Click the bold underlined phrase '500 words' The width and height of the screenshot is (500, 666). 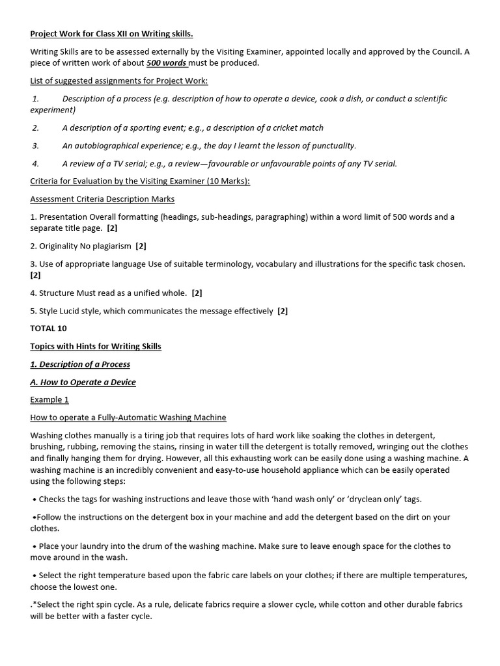pyautogui.click(x=166, y=63)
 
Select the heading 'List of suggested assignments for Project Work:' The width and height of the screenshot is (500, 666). pyautogui.click(x=119, y=81)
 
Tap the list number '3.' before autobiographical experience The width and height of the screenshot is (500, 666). pyautogui.click(x=35, y=146)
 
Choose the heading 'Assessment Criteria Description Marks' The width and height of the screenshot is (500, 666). pyautogui.click(x=102, y=199)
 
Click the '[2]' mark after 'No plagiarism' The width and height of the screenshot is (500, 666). pyautogui.click(x=141, y=246)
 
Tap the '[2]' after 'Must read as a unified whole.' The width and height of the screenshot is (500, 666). pyautogui.click(x=197, y=293)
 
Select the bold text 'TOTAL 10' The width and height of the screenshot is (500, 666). pyautogui.click(x=48, y=328)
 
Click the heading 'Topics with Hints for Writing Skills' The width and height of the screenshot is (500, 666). pyautogui.click(x=96, y=347)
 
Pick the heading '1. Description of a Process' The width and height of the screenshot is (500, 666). pyautogui.click(x=80, y=364)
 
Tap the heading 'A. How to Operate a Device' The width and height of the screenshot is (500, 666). pyautogui.click(x=83, y=382)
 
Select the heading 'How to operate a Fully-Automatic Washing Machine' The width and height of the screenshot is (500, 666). pyautogui.click(x=128, y=418)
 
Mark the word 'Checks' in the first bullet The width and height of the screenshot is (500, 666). pyautogui.click(x=52, y=499)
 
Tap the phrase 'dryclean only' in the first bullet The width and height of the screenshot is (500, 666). pyautogui.click(x=373, y=499)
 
